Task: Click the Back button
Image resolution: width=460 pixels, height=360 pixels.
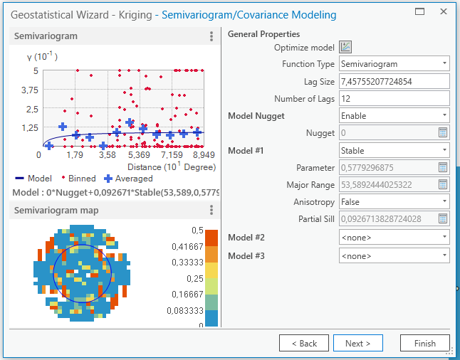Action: (303, 343)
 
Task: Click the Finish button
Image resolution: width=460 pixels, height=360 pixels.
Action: (424, 343)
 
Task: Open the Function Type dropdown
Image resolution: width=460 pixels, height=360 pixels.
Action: (394, 64)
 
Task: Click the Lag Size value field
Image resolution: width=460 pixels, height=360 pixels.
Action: (394, 81)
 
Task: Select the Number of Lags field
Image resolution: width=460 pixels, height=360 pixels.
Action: (394, 98)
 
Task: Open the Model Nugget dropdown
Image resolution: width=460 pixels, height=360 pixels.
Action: (394, 115)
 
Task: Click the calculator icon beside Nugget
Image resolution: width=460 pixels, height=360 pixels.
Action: (442, 133)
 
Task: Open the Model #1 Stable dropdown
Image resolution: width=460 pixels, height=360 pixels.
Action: (394, 150)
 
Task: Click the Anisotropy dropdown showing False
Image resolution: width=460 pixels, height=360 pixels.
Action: (394, 202)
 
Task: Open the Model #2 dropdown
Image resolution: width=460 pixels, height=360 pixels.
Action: (394, 237)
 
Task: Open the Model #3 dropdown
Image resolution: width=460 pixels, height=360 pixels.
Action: (394, 255)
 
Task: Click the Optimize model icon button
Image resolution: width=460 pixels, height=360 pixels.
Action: (346, 47)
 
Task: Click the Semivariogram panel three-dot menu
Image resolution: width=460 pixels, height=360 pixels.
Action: (211, 36)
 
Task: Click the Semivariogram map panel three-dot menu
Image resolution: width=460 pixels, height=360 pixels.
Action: (211, 210)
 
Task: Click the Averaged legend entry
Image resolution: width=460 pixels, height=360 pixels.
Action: (129, 179)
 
